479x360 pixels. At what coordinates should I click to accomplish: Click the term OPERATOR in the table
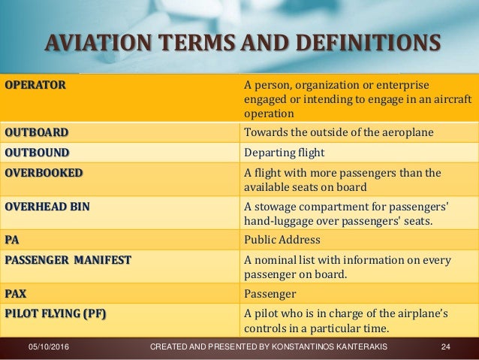(x=35, y=84)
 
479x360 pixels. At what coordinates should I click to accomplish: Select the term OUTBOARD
(x=36, y=133)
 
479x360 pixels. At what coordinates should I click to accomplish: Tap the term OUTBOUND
(x=36, y=153)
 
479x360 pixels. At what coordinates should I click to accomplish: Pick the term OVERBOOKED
(x=44, y=172)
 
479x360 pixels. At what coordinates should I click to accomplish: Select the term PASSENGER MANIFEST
(x=68, y=260)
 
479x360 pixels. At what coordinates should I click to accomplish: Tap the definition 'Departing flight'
(x=282, y=153)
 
